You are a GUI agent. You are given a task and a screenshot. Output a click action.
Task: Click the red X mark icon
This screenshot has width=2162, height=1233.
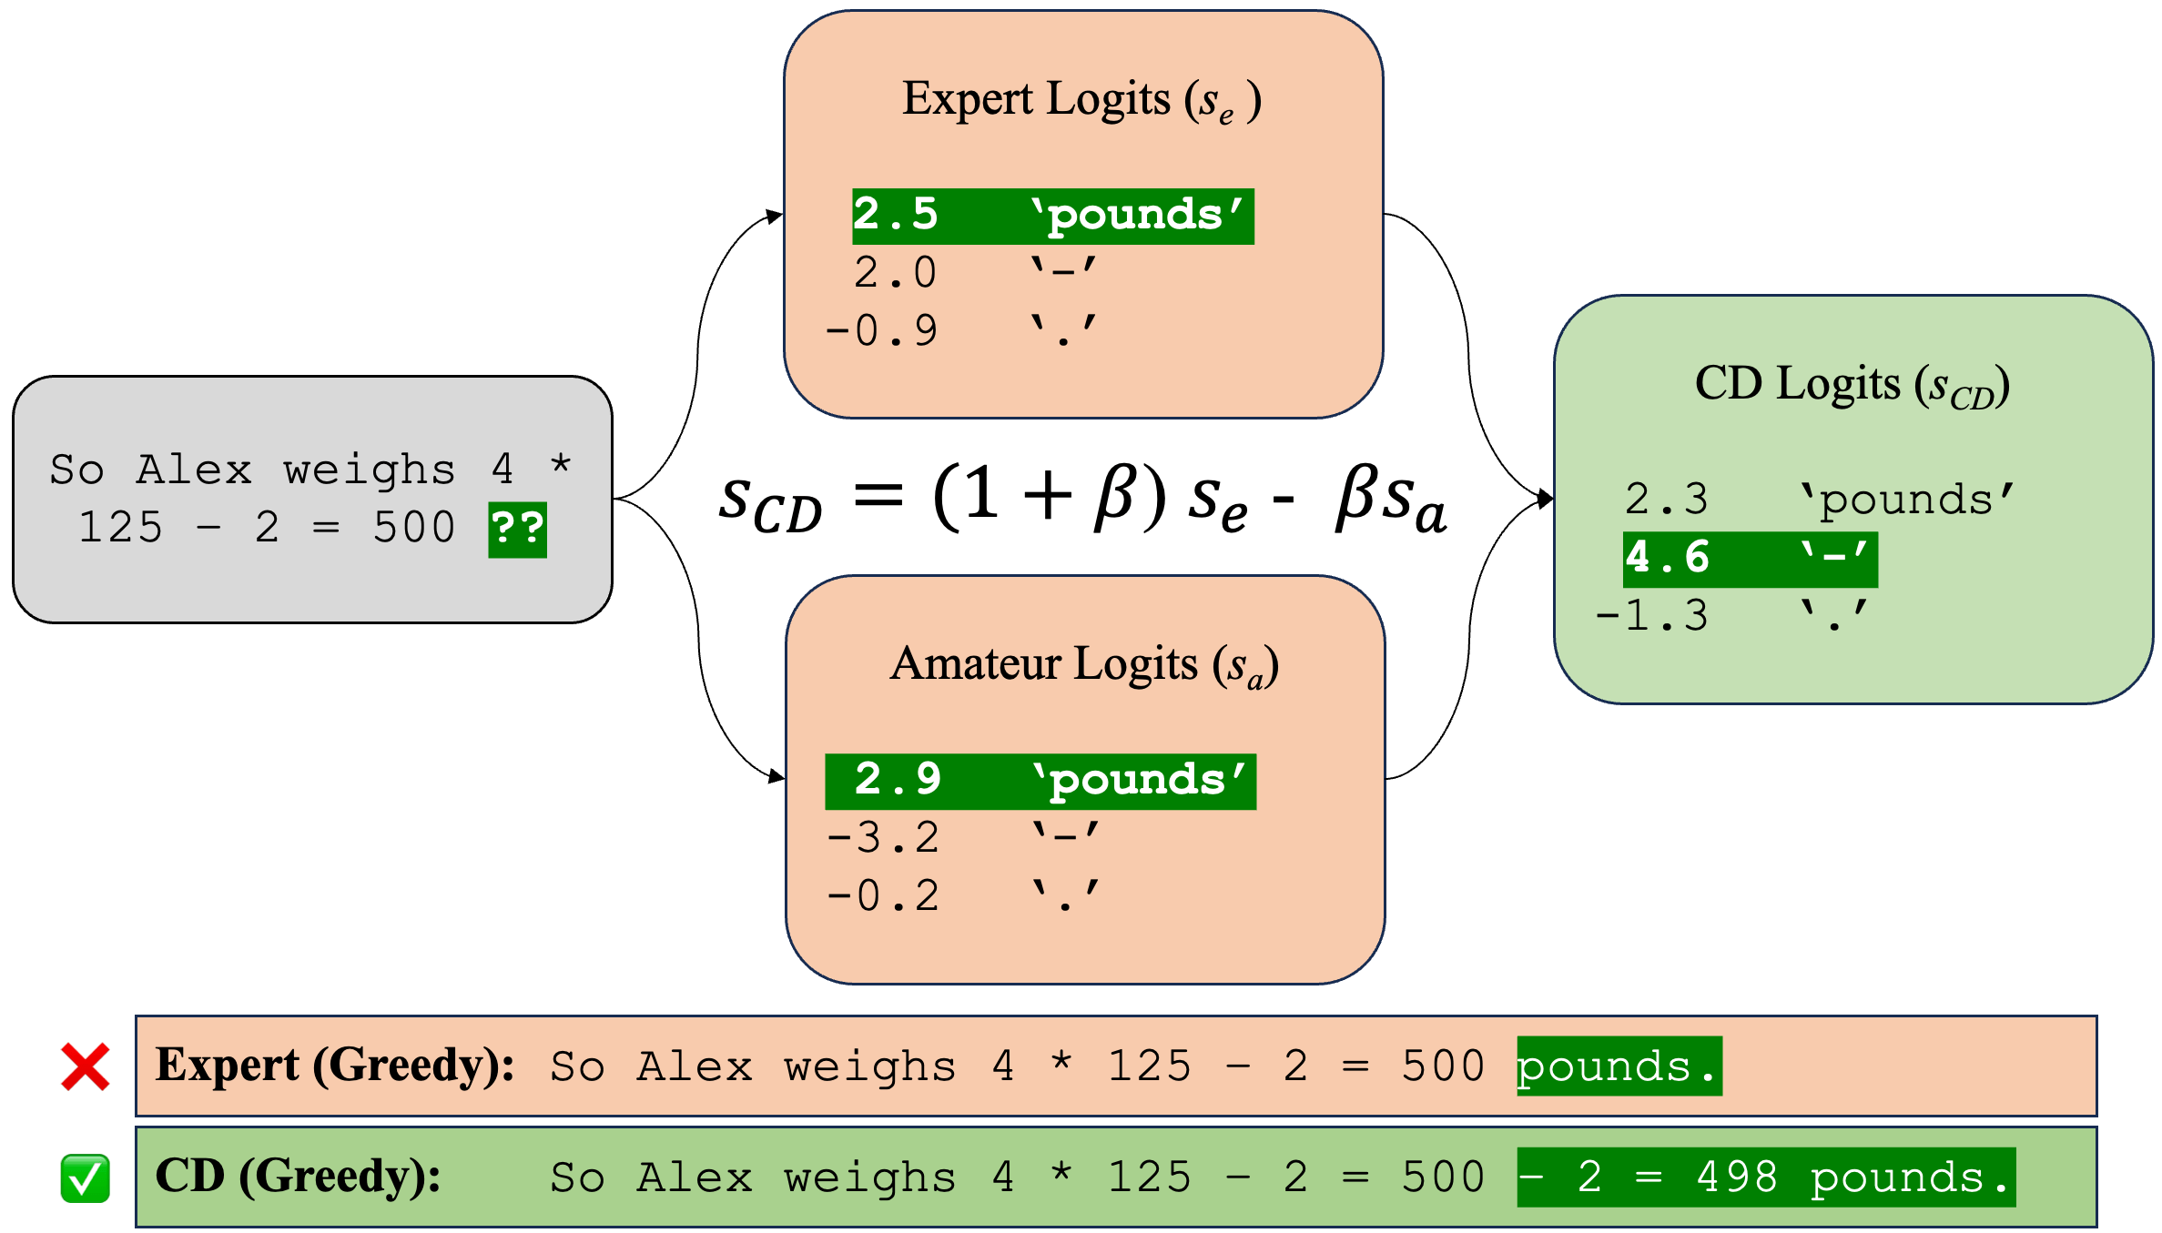click(86, 1066)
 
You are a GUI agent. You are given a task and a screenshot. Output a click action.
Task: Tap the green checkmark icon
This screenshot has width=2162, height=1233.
click(86, 1178)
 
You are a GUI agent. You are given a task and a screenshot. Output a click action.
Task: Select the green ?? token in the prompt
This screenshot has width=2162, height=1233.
click(517, 529)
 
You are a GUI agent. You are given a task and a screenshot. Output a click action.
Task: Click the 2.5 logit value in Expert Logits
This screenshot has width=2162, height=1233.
click(895, 215)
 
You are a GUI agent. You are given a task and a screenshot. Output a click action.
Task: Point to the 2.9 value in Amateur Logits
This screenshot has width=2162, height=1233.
click(898, 780)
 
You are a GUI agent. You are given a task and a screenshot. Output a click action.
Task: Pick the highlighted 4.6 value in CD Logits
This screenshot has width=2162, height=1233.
click(1667, 558)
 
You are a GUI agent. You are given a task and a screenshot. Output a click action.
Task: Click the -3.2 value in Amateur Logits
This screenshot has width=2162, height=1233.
click(882, 838)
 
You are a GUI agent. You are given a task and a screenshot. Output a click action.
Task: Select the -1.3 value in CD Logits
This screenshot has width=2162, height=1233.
click(1651, 616)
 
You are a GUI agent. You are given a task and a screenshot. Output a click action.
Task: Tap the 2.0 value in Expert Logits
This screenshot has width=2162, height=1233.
click(895, 273)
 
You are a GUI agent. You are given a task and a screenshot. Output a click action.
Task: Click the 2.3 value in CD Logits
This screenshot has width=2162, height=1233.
click(1667, 500)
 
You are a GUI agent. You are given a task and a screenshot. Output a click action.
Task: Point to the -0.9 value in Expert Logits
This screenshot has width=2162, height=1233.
click(880, 331)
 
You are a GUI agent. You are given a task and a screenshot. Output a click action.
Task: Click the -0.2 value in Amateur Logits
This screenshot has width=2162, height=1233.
click(882, 896)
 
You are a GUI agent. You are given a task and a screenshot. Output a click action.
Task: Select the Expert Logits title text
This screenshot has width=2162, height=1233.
click(1081, 100)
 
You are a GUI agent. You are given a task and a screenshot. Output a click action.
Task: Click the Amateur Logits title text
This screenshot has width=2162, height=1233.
click(1084, 665)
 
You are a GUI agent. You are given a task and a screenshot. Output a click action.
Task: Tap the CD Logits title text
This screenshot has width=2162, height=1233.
click(1852, 385)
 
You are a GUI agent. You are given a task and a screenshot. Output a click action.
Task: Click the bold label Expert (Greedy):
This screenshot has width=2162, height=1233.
click(335, 1065)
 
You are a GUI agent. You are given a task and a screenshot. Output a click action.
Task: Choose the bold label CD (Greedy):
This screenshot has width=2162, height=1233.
click(298, 1176)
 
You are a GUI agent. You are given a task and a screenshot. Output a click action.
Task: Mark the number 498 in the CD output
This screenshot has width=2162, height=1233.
click(1737, 1177)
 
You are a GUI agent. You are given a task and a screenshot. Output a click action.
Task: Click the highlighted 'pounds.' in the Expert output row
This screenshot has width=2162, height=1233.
click(1619, 1066)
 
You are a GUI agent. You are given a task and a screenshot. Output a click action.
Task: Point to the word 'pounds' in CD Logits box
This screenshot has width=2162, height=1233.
click(1907, 500)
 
